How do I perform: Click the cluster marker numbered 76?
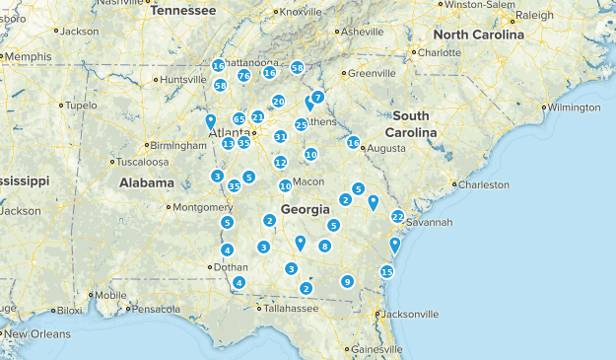pos(243,75)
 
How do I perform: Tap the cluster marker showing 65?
pos(240,118)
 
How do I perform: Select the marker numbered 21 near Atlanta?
pos(257,116)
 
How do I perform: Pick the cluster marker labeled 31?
pos(281,137)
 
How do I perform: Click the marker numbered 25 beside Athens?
pos(301,124)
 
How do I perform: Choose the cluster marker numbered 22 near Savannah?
pos(397,216)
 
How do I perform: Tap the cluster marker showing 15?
pos(386,271)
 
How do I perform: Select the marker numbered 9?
pos(347,281)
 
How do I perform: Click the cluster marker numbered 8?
pos(324,246)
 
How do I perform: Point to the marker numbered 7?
pos(318,97)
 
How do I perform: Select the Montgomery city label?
pos(202,207)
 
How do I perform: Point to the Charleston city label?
pos(484,184)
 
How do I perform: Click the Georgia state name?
pos(306,210)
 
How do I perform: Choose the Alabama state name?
pos(147,182)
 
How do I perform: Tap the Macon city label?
pos(308,181)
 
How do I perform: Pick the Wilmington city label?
pos(574,107)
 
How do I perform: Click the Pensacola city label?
pos(158,309)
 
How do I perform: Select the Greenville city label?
pos(371,73)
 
